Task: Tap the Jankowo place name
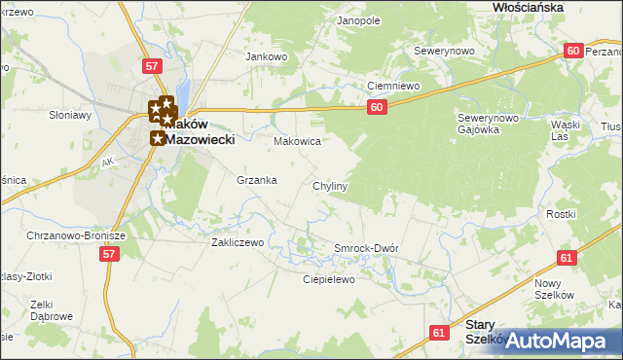(x=269, y=56)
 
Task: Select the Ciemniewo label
(x=392, y=86)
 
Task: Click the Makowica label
(x=297, y=141)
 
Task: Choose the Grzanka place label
(x=257, y=180)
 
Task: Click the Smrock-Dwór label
(x=366, y=248)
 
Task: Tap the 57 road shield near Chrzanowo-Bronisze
(x=109, y=254)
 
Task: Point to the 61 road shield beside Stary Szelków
(x=439, y=333)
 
